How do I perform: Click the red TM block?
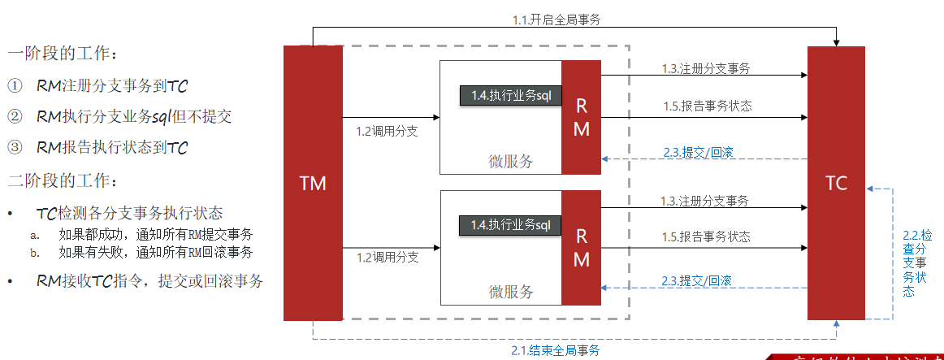click(x=313, y=183)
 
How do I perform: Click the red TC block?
click(x=836, y=183)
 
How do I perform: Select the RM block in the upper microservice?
click(x=582, y=117)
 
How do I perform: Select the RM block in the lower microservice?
click(x=582, y=247)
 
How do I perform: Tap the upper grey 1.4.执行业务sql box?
click(x=511, y=96)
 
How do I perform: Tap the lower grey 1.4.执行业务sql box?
click(x=511, y=225)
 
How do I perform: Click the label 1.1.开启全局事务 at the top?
click(x=556, y=20)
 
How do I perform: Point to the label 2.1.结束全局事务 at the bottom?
click(x=556, y=350)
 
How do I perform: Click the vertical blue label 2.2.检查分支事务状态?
click(x=912, y=262)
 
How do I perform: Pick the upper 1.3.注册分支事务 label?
click(x=704, y=69)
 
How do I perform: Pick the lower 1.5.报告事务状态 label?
click(x=706, y=236)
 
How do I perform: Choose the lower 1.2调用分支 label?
click(x=388, y=258)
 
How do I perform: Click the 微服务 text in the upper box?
click(x=511, y=161)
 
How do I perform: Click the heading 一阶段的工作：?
click(x=63, y=54)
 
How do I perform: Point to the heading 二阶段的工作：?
click(x=63, y=180)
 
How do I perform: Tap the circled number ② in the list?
click(x=15, y=116)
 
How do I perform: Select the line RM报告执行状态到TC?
click(x=112, y=148)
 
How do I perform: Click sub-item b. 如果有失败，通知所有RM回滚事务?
click(x=154, y=252)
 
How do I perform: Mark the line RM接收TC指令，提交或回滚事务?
click(x=149, y=281)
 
